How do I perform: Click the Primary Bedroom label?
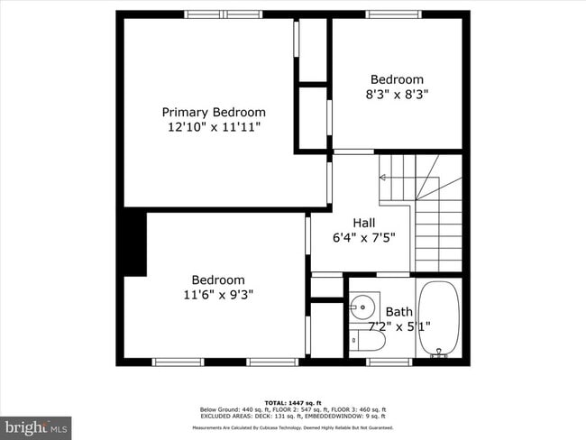[x=214, y=112]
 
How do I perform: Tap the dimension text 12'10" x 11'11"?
[x=214, y=128]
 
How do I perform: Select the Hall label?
[x=364, y=223]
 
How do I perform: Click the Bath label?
[x=398, y=312]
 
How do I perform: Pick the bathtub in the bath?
[x=439, y=318]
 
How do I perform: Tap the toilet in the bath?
[x=370, y=341]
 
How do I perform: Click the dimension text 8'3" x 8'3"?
[x=398, y=95]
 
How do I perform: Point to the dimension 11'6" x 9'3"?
[x=217, y=295]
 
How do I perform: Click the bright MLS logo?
[x=36, y=426]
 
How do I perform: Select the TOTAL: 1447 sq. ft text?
[x=292, y=402]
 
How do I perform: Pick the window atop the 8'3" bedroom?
[x=393, y=14]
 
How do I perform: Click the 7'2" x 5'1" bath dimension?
[x=398, y=326]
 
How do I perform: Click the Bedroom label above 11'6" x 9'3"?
[x=217, y=280]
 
